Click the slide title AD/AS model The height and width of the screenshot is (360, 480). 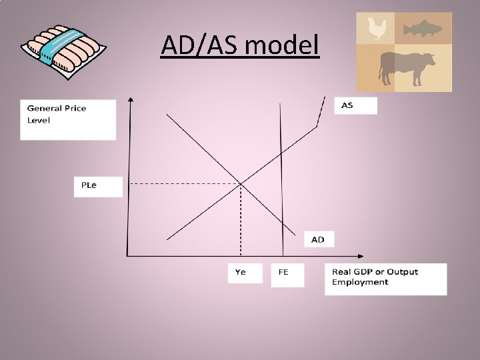click(240, 46)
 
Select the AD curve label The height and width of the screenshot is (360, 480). click(318, 239)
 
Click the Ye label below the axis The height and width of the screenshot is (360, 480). click(240, 272)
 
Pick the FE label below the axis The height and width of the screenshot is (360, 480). click(283, 272)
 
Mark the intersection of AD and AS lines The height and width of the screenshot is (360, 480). click(241, 183)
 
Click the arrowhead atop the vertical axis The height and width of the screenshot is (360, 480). click(131, 100)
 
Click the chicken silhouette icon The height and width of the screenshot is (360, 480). click(378, 29)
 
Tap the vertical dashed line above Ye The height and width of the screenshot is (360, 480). click(241, 220)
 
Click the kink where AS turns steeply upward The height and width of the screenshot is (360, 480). click(317, 127)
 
